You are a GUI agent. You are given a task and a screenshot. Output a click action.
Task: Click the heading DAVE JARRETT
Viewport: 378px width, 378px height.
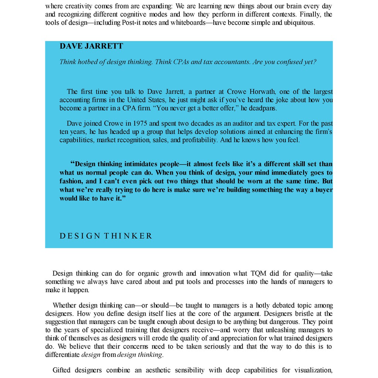[x=91, y=46]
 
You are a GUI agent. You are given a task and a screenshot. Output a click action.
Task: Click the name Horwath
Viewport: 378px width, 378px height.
[x=261, y=92]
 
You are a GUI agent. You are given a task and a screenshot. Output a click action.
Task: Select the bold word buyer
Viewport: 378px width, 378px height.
[x=323, y=190]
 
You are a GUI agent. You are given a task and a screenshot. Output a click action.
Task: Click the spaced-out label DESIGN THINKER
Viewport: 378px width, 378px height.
[x=106, y=236]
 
